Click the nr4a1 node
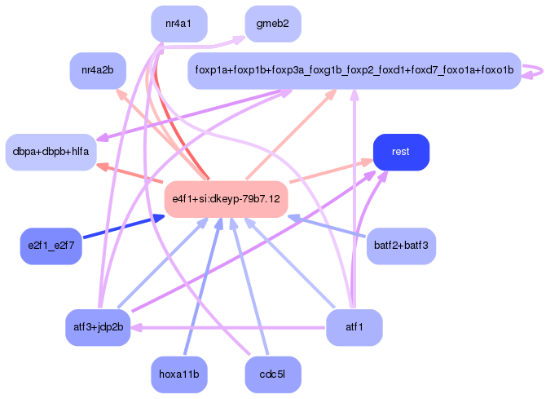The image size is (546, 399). pyautogui.click(x=179, y=24)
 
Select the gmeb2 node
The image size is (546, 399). pyautogui.click(x=273, y=24)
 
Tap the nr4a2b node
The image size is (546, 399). pyautogui.click(x=98, y=70)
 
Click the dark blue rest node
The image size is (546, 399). pyautogui.click(x=401, y=152)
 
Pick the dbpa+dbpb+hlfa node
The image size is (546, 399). pyautogui.click(x=51, y=152)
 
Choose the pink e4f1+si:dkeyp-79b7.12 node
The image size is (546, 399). pyautogui.click(x=227, y=199)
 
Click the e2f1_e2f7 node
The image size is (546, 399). pyautogui.click(x=51, y=246)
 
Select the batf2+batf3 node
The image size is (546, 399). pyautogui.click(x=401, y=246)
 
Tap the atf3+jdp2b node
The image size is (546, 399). pyautogui.click(x=98, y=327)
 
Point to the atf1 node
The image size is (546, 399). pyautogui.click(x=354, y=327)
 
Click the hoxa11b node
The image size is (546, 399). pyautogui.click(x=179, y=375)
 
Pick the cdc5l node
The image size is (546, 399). pyautogui.click(x=273, y=375)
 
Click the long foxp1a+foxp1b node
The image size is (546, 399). pyautogui.click(x=354, y=70)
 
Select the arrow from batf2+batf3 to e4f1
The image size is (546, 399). pyautogui.click(x=327, y=227)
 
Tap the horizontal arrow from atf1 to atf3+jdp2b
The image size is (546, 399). pyautogui.click(x=228, y=328)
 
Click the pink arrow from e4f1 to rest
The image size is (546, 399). pyautogui.click(x=332, y=171)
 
